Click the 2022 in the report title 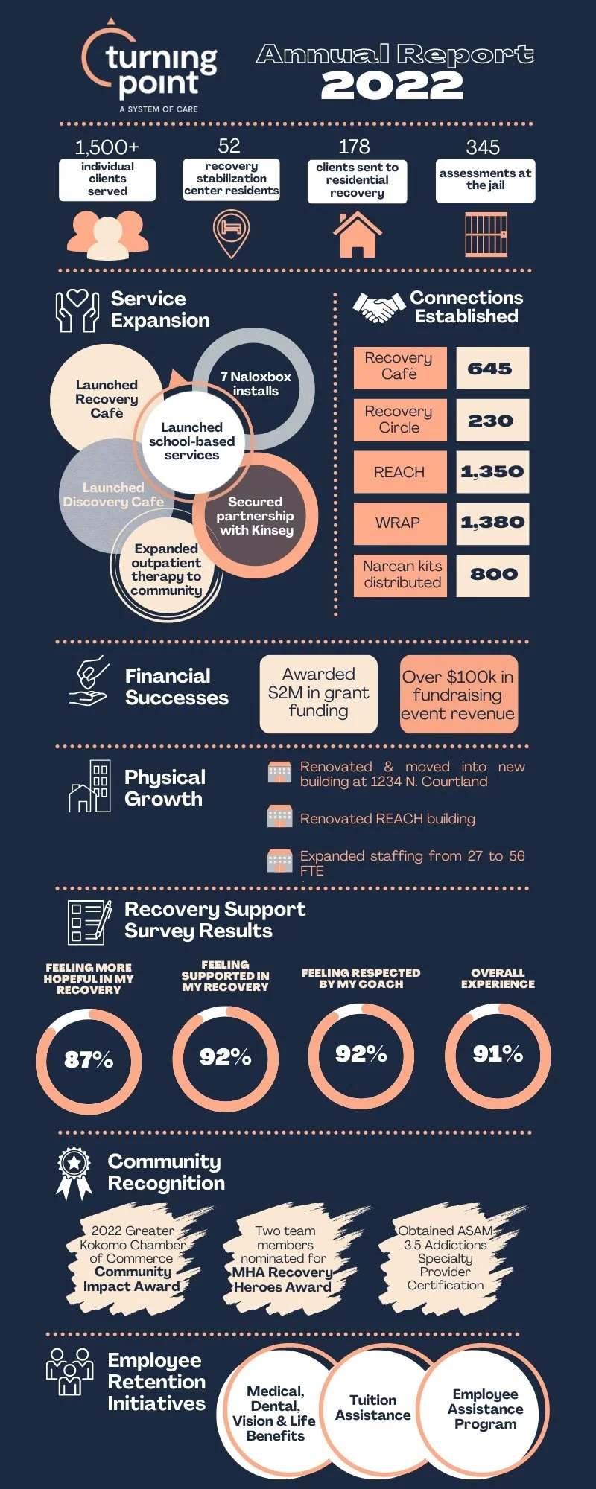[x=392, y=86]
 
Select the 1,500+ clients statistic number [x=107, y=147]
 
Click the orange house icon [x=358, y=235]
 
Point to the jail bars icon [x=486, y=235]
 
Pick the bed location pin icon [x=231, y=232]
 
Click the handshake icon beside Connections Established [x=378, y=307]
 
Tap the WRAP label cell [x=399, y=523]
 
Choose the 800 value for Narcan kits [x=492, y=575]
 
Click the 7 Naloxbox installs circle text [x=256, y=383]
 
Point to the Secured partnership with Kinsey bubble [x=256, y=516]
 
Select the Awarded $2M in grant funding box [x=318, y=693]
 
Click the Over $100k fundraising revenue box [x=458, y=695]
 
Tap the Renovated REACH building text [x=387, y=819]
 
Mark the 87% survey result [x=89, y=1059]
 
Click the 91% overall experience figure [x=498, y=1054]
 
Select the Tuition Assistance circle [x=373, y=1408]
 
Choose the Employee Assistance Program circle [x=485, y=1409]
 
